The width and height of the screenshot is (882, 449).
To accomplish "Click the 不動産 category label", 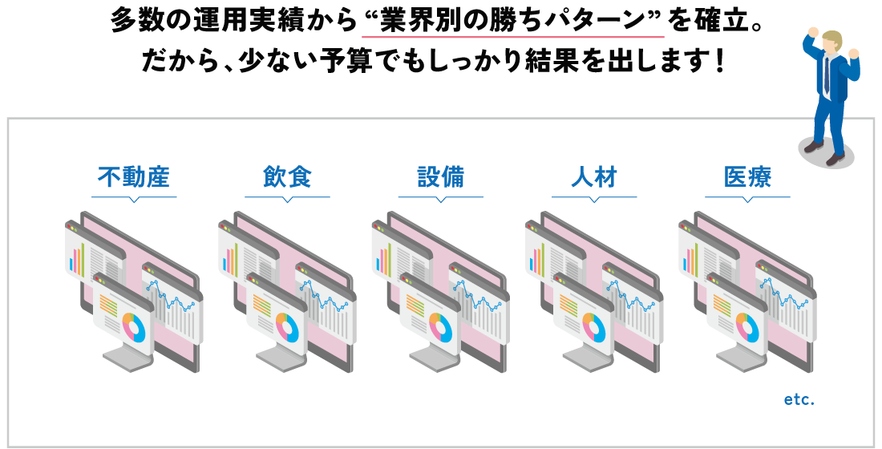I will [x=134, y=177].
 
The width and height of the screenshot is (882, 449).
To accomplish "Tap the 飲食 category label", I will [x=287, y=177].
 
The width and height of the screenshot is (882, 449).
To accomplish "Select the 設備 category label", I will [x=440, y=177].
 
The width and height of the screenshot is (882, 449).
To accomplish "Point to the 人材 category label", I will [x=594, y=177].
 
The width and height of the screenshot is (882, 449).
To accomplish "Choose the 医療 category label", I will [x=747, y=177].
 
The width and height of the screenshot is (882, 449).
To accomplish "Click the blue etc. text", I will [x=799, y=399].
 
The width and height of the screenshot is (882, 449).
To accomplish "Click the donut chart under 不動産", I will [x=134, y=327].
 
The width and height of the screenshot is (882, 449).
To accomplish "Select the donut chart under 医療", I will [x=747, y=327].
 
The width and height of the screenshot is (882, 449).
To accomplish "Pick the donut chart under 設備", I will [x=440, y=327].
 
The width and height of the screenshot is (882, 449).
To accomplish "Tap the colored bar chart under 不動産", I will [x=77, y=257].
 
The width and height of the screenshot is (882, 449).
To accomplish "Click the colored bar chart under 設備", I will [x=383, y=257].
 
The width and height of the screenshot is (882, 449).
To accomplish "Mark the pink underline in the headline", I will [x=512, y=37].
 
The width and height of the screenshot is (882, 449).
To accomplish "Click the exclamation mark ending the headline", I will [x=716, y=63].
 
